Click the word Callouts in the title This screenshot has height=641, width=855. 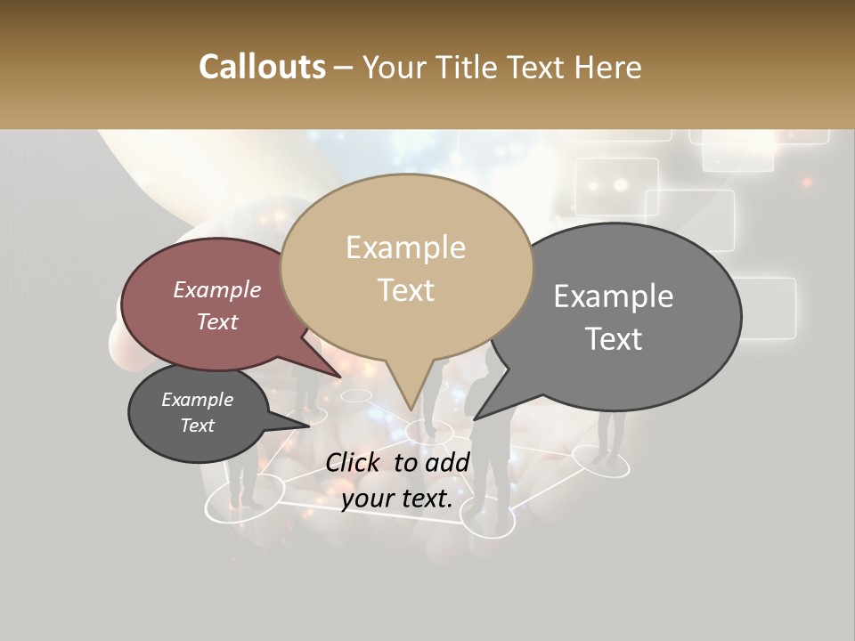coord(262,68)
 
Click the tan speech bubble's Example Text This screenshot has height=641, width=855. coord(406,269)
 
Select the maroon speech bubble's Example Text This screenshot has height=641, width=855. coord(216,305)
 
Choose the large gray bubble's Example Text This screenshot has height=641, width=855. coord(614,317)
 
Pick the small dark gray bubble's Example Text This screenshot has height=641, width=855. coord(197,412)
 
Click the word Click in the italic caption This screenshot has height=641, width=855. coord(354,462)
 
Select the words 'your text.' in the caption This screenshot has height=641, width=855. coord(396,499)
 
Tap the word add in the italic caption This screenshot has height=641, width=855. coord(448,462)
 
